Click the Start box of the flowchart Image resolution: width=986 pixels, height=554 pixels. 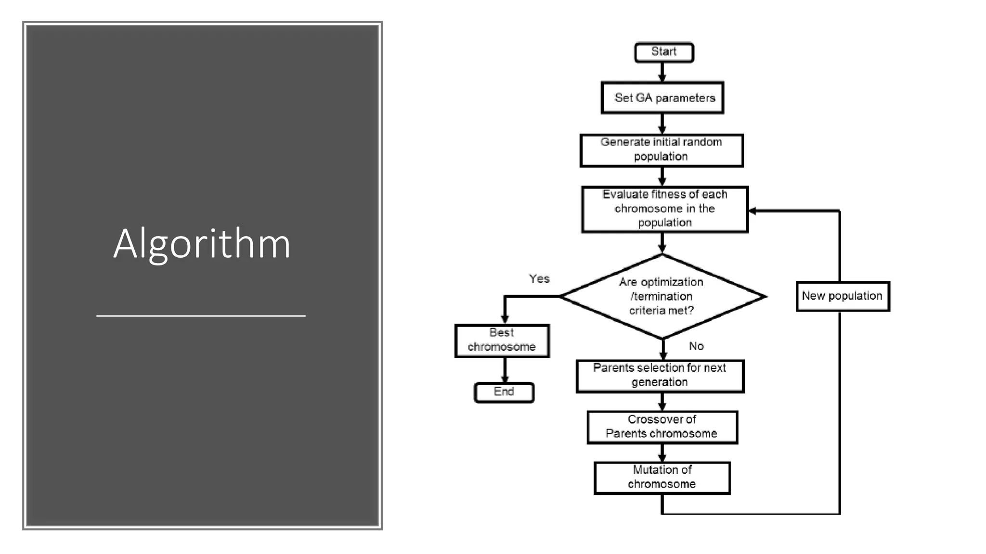664,52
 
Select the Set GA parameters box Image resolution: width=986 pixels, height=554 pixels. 662,98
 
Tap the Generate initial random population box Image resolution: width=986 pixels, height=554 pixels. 662,150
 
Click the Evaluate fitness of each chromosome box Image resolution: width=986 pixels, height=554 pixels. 665,209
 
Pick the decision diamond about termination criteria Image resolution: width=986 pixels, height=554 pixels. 662,296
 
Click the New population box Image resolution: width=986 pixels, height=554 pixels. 843,296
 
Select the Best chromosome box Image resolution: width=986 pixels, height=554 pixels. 502,340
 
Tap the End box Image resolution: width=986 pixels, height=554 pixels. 504,392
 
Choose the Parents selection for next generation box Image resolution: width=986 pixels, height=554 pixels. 660,376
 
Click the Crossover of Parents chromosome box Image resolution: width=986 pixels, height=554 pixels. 662,427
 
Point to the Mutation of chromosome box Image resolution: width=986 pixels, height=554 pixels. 662,478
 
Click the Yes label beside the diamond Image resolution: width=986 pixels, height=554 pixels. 539,278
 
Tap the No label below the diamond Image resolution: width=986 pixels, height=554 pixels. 696,346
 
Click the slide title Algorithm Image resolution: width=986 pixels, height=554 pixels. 202,244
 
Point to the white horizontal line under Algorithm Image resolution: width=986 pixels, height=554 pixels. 201,316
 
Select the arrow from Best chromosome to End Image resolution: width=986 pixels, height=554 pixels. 505,370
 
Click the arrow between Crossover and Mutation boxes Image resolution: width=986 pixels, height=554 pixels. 662,453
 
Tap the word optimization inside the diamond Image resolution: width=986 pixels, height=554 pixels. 672,282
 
